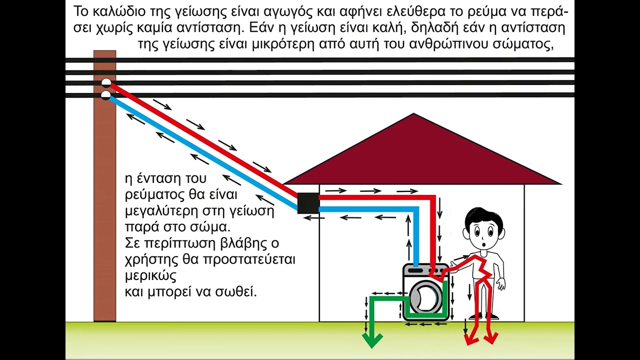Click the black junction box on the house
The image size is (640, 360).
click(308, 203)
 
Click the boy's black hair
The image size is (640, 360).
click(483, 218)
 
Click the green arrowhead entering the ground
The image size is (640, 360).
click(372, 339)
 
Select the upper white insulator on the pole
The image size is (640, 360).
click(105, 83)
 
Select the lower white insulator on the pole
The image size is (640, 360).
click(105, 95)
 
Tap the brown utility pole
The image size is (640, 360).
click(105, 185)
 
